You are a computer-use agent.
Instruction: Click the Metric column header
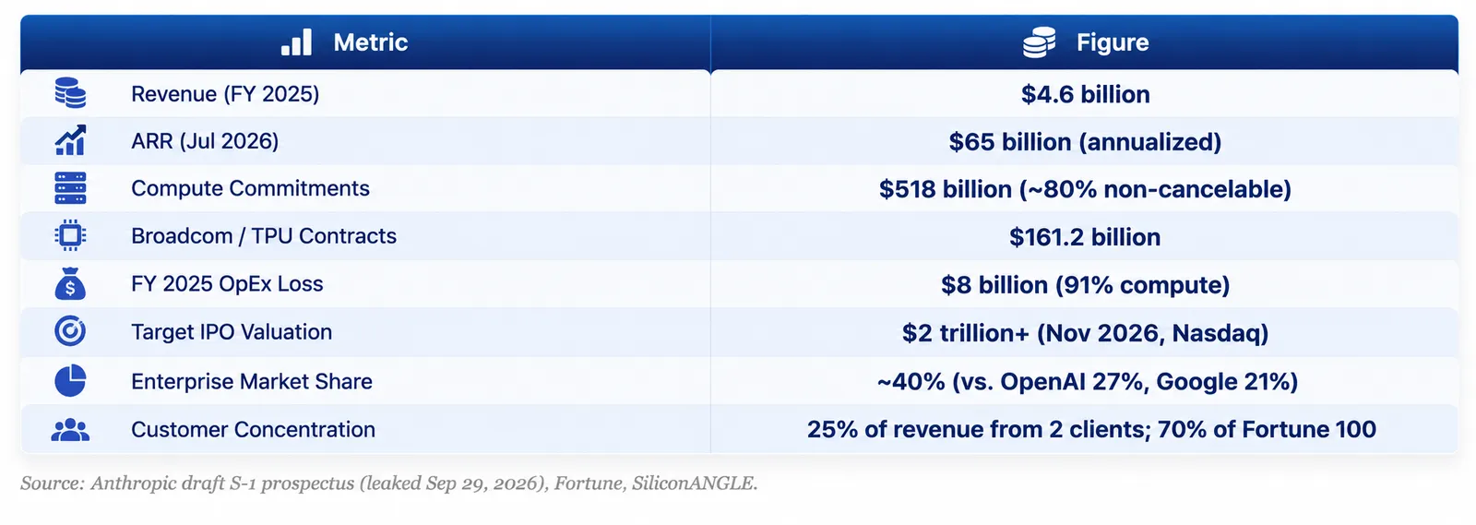[370, 42]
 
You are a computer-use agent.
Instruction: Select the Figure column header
[1113, 42]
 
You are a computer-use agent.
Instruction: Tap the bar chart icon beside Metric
[296, 42]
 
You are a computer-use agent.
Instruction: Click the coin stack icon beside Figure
[1039, 42]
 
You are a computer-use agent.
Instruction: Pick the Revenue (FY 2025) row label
[225, 94]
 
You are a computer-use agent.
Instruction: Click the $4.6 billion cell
[1085, 94]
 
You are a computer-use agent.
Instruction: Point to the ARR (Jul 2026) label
[205, 141]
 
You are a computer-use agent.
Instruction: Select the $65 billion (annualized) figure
[1085, 141]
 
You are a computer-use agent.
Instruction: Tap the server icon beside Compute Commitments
[70, 188]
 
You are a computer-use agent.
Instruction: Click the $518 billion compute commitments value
[1085, 189]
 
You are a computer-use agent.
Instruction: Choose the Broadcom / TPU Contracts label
[264, 236]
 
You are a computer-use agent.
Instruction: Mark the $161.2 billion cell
[1085, 237]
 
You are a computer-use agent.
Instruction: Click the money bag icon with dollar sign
[70, 284]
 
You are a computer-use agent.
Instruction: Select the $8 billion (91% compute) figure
[1085, 284]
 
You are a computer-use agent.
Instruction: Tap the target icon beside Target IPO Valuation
[70, 331]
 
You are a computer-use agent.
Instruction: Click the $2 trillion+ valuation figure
[1085, 333]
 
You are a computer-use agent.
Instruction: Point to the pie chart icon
[70, 381]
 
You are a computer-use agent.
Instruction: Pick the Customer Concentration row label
[253, 429]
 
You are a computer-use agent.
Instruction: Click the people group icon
[70, 430]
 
